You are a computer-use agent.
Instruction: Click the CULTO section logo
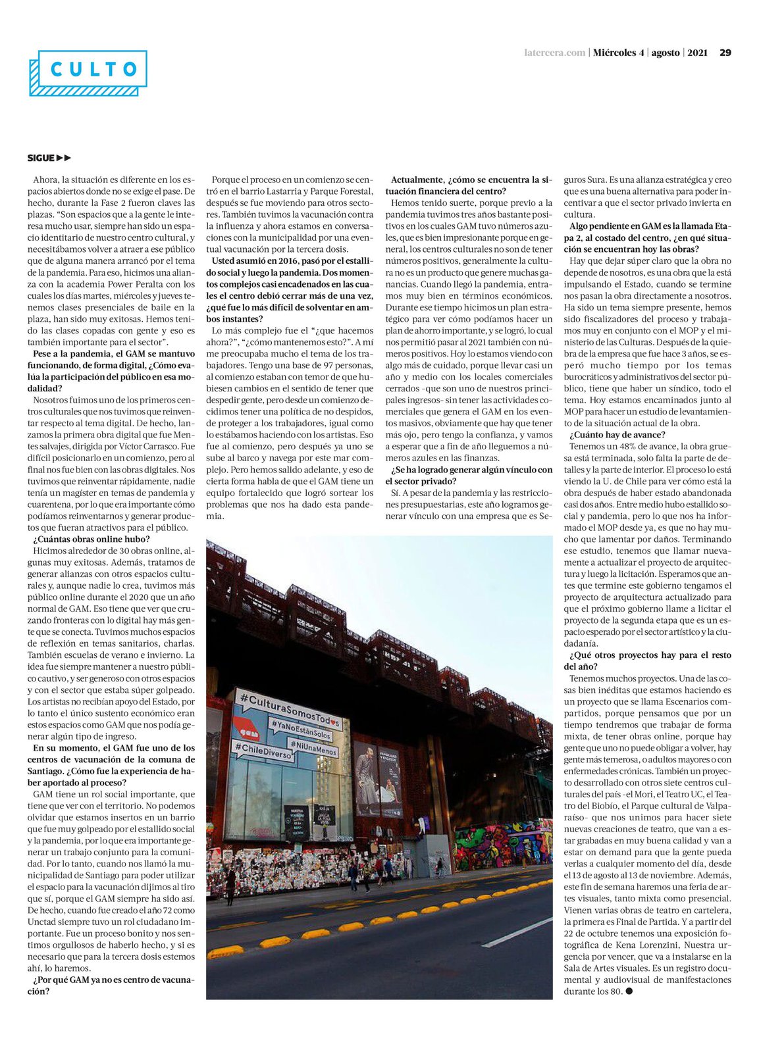(88, 71)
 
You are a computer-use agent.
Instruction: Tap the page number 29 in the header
(725, 53)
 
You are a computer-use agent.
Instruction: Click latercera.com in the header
(554, 53)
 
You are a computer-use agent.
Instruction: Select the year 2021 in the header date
(698, 53)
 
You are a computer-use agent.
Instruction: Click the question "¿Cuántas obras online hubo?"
(92, 539)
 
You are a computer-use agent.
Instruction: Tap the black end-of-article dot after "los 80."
(629, 991)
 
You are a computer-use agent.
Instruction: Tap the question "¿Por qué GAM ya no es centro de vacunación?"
(111, 986)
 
